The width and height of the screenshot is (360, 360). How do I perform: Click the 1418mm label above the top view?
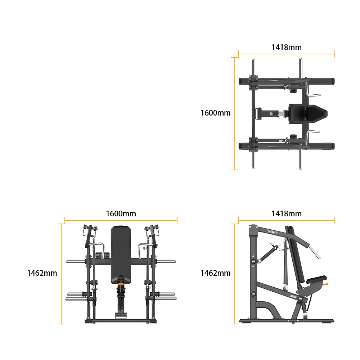[286, 47]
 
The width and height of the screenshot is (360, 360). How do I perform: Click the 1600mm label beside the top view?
[215, 113]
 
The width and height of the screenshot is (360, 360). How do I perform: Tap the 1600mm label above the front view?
[121, 213]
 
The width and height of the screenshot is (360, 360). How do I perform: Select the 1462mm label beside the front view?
[42, 273]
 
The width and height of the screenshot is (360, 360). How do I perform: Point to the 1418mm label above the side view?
[286, 213]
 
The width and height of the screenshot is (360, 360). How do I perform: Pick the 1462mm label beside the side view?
[215, 273]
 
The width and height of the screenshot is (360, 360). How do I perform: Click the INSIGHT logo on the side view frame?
[272, 232]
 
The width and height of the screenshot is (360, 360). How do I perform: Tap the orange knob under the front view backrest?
[121, 284]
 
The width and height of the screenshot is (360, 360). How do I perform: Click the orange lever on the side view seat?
[325, 285]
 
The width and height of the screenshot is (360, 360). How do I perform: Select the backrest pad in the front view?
[121, 255]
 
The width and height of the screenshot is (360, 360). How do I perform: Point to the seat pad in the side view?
[316, 279]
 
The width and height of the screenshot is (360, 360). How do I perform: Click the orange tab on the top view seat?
[327, 114]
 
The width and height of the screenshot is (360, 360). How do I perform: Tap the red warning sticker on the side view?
[294, 296]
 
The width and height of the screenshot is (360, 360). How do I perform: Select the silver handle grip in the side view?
[315, 252]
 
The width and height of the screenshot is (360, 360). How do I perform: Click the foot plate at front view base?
[121, 316]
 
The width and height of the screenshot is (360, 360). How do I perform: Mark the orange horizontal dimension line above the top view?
[286, 54]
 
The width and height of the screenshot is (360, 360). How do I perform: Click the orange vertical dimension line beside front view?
[61, 274]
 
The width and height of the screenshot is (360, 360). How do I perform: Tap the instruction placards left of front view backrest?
[102, 255]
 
